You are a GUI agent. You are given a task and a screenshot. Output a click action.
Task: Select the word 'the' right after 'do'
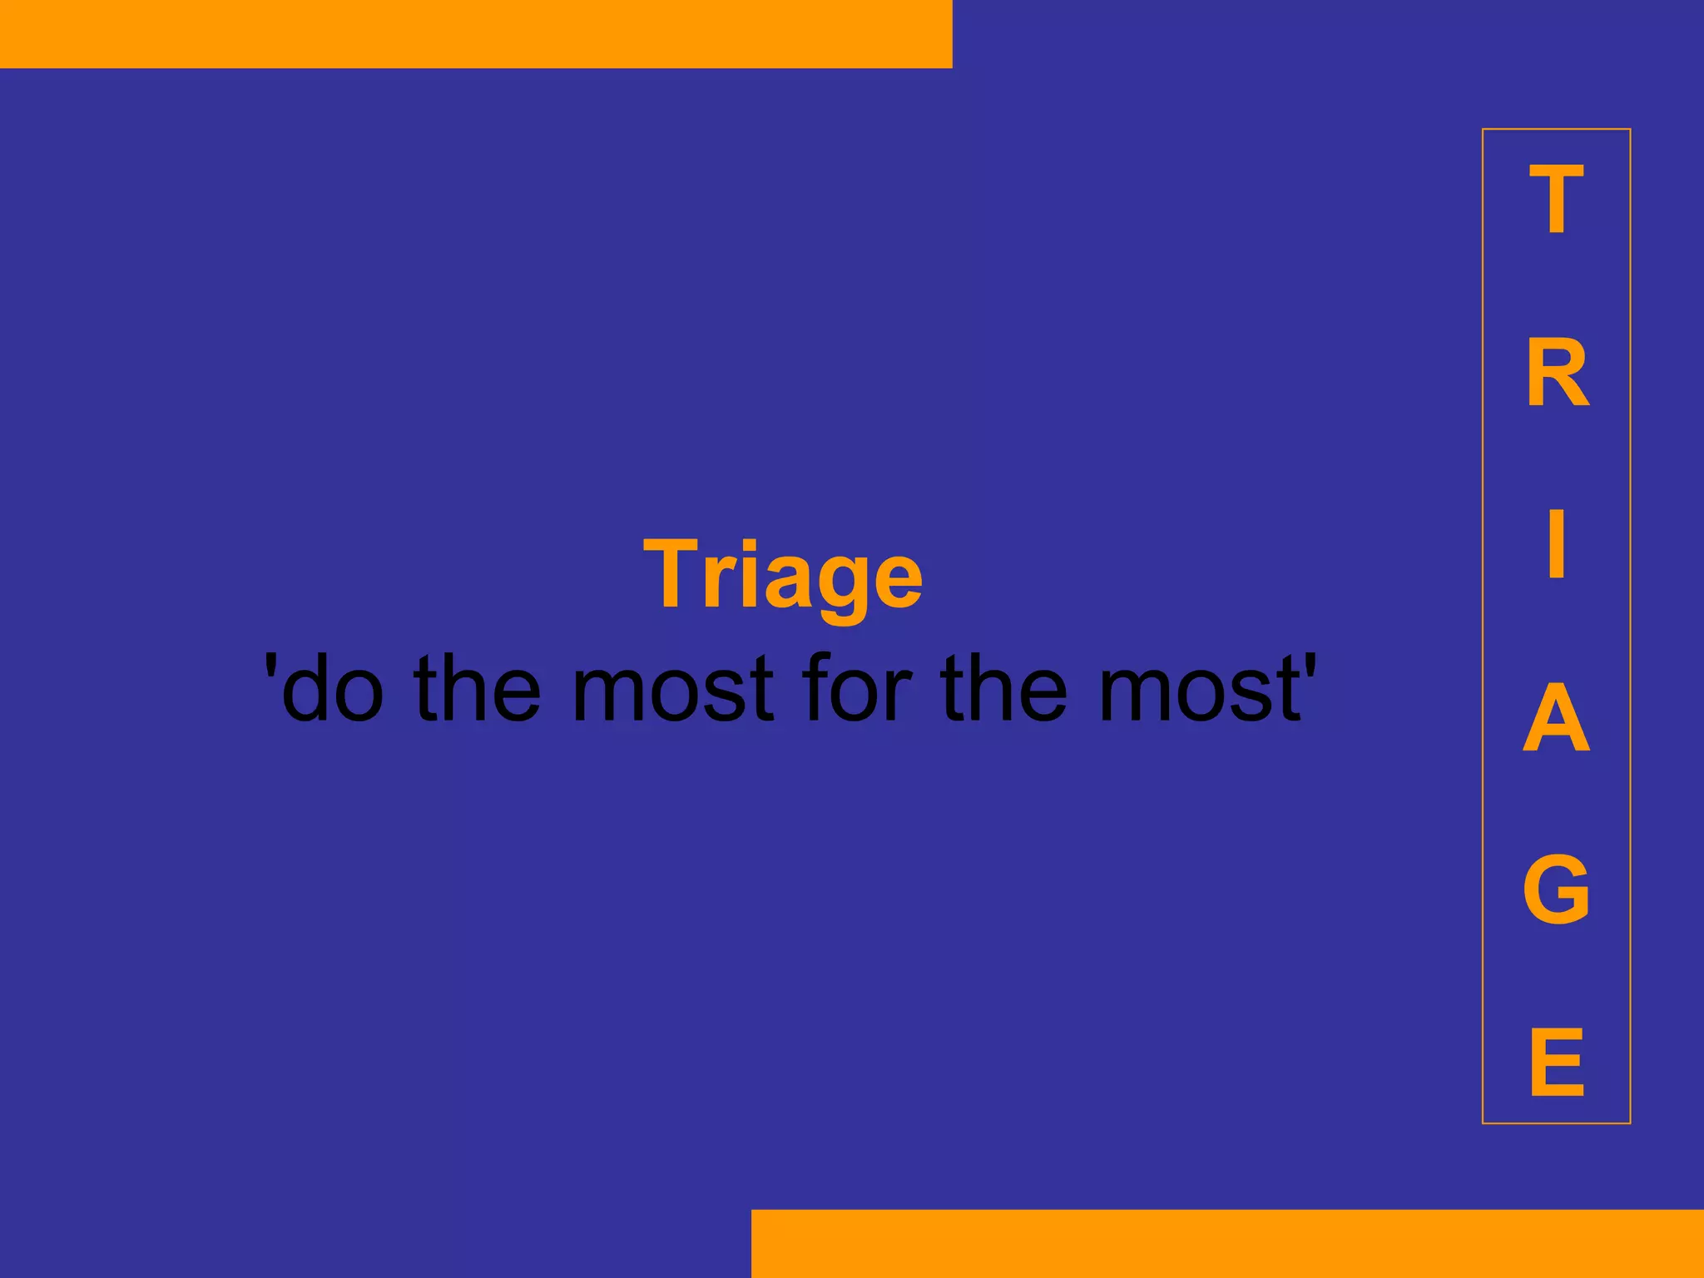click(x=477, y=688)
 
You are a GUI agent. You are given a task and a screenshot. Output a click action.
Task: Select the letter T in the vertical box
click(x=1556, y=200)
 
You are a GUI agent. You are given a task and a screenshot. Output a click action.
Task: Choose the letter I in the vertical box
click(x=1557, y=544)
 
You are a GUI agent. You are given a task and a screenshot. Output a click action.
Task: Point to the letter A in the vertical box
click(x=1556, y=717)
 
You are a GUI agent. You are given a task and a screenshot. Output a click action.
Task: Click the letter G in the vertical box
click(x=1556, y=889)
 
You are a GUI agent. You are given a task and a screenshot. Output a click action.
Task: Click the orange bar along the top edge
click(x=476, y=33)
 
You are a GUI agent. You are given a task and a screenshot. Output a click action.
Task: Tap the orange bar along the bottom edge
click(x=1227, y=1243)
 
